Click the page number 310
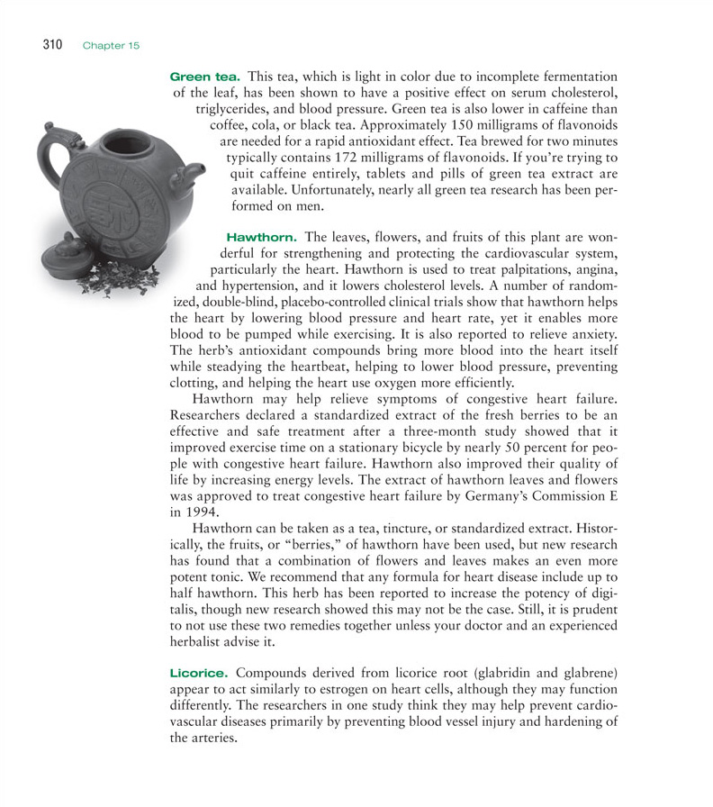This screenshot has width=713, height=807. click(x=51, y=44)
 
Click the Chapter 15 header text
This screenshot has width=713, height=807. click(x=112, y=45)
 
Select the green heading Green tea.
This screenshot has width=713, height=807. click(x=205, y=77)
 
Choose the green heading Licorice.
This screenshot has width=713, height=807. click(x=199, y=673)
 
